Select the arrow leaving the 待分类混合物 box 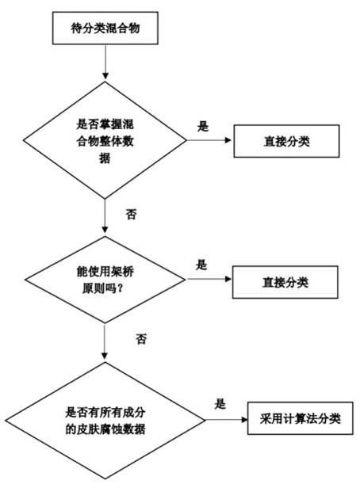105,62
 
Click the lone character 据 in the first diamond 105,158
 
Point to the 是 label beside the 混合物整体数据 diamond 203,126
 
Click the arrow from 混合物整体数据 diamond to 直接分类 209,140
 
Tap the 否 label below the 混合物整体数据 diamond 131,214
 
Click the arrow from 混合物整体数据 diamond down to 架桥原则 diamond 105,215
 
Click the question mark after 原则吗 121,289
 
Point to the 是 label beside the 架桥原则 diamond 201,265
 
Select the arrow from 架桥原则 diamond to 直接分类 209,279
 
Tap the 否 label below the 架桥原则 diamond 141,339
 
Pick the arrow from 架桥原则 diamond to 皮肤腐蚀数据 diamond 105,341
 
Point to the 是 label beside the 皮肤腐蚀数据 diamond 220,404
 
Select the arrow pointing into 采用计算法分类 227,420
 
